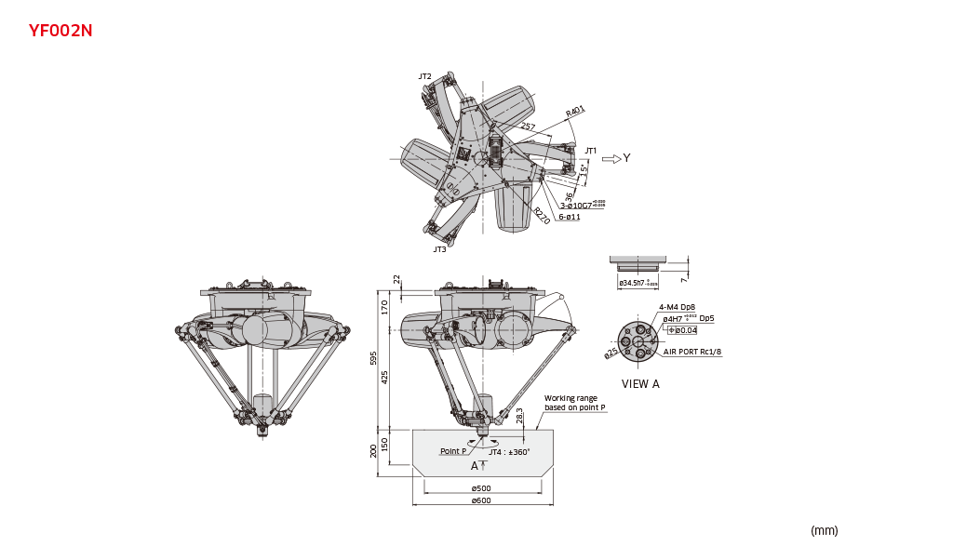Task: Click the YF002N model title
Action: point(60,31)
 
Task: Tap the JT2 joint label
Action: point(424,76)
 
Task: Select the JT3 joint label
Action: point(439,249)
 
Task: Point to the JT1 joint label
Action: point(590,151)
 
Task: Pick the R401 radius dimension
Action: point(575,113)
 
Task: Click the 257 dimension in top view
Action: point(528,127)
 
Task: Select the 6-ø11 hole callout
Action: point(570,217)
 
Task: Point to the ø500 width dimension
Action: point(480,487)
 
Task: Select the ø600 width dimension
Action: point(480,500)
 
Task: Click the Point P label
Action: point(453,451)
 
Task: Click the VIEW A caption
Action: point(640,383)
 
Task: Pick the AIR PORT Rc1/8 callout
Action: point(692,352)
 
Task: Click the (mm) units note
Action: point(824,530)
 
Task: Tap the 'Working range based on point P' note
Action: point(574,404)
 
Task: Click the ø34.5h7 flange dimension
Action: point(638,281)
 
